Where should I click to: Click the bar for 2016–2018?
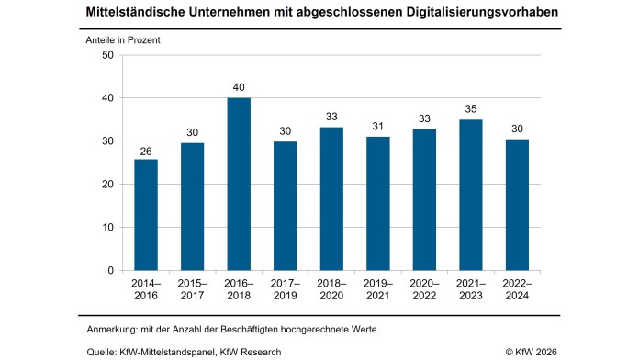tap(239, 184)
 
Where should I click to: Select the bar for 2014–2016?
tap(146, 215)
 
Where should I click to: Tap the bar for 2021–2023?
tap(470, 195)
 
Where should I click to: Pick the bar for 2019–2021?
tap(377, 204)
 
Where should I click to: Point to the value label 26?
tap(146, 150)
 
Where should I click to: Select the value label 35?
tap(470, 110)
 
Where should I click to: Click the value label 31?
tap(377, 128)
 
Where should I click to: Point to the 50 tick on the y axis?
tap(107, 55)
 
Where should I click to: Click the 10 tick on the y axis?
tap(107, 227)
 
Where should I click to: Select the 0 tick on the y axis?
tap(110, 270)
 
